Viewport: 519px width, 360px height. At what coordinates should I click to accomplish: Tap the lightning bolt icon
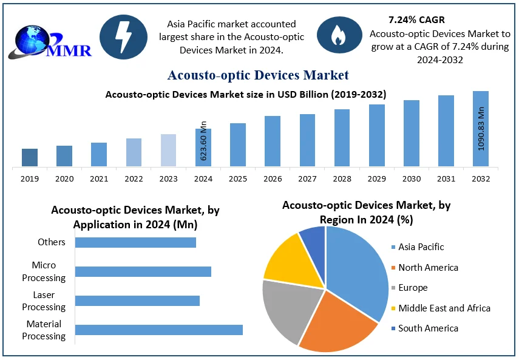click(x=123, y=37)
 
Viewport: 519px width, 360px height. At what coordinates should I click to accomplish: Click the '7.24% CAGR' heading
click(x=416, y=20)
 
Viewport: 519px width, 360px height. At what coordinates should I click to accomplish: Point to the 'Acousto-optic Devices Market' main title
click(x=258, y=75)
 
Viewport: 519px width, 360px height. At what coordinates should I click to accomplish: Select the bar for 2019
click(x=30, y=157)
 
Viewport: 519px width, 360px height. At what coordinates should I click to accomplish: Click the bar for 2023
click(x=169, y=150)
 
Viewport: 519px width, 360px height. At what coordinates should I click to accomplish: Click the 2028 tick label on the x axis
click(x=342, y=179)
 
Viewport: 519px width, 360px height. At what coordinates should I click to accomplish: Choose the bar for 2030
click(x=412, y=133)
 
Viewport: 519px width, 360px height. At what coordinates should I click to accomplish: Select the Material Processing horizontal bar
click(x=158, y=330)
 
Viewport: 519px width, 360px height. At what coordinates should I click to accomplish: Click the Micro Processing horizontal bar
click(x=143, y=271)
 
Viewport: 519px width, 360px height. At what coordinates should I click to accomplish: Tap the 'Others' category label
click(x=52, y=242)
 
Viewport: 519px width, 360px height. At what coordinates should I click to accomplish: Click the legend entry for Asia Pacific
click(x=421, y=247)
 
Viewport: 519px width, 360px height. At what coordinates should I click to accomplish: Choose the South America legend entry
click(x=428, y=328)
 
